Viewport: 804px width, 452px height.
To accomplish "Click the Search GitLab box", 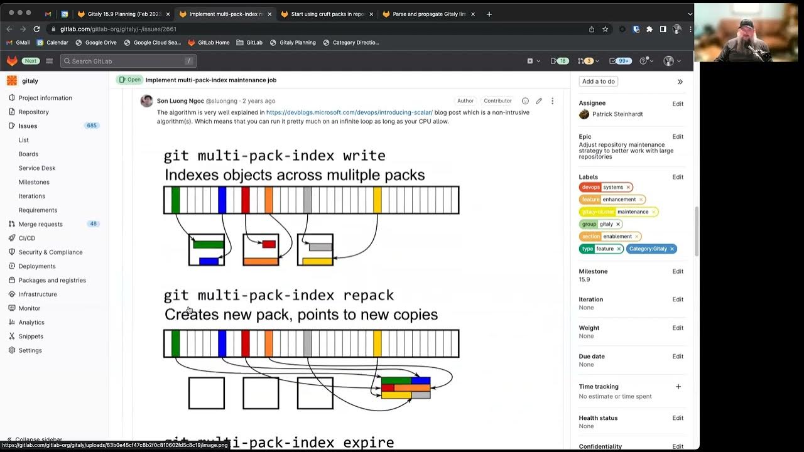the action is click(x=128, y=61).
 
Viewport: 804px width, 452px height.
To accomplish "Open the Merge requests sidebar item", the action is click(x=40, y=224).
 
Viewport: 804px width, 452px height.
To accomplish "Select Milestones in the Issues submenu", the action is click(x=34, y=182).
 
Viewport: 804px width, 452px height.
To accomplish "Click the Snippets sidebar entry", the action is click(x=31, y=336).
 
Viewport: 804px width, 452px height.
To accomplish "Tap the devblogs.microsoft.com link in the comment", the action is click(x=349, y=112).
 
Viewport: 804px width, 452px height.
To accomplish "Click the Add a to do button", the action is click(x=598, y=81).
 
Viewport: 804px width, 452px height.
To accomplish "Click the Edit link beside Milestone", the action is click(x=678, y=271).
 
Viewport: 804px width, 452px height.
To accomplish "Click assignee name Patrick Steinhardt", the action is click(x=617, y=114).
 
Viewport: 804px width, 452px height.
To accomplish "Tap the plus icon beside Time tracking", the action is click(x=678, y=387).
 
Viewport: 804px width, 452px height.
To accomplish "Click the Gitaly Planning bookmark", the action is click(x=297, y=43).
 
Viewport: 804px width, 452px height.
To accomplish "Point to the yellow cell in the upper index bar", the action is click(x=378, y=200).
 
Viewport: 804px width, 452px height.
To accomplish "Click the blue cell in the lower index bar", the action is click(x=222, y=343).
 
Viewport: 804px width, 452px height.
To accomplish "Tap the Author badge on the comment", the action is click(x=465, y=100).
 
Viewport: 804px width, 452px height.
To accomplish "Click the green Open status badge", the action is click(x=129, y=80).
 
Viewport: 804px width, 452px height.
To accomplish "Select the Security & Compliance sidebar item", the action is click(x=50, y=252).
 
